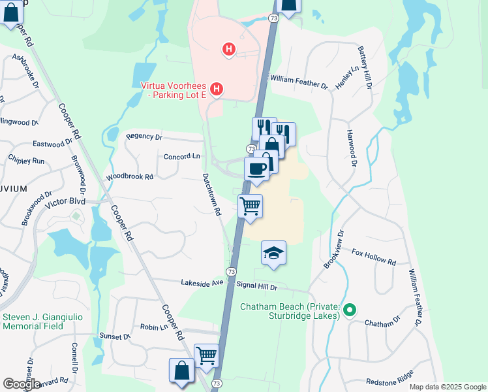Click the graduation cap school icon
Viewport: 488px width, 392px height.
click(274, 253)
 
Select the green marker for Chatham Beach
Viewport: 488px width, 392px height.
click(350, 310)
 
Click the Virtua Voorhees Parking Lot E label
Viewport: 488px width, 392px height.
click(174, 90)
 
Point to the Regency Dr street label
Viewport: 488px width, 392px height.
click(144, 137)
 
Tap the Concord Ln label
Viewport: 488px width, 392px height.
click(181, 157)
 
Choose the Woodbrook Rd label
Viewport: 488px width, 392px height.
click(129, 177)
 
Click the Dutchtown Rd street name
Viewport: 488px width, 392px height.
click(212, 195)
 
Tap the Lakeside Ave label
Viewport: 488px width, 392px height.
click(202, 282)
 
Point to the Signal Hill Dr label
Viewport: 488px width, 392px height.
click(257, 286)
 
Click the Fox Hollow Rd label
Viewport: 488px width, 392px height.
click(374, 257)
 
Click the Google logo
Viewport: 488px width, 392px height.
click(22, 384)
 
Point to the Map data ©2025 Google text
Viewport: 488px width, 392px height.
click(447, 387)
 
